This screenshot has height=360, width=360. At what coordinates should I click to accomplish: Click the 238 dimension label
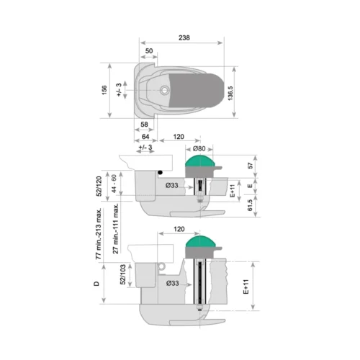click(x=184, y=37)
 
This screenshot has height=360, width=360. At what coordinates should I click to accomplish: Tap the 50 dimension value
click(x=149, y=51)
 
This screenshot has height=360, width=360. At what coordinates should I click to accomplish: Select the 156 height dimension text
click(x=104, y=90)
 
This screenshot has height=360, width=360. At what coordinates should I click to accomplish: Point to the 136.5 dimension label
click(x=230, y=93)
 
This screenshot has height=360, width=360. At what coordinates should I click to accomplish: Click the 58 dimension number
click(x=144, y=125)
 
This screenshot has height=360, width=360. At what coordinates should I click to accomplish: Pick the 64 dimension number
click(x=145, y=137)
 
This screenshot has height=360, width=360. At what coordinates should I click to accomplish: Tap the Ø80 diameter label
click(x=199, y=148)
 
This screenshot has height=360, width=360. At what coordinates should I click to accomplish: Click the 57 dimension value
click(x=251, y=166)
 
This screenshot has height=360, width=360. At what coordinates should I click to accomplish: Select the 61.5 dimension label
click(x=250, y=205)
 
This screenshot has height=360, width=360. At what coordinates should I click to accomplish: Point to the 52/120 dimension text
click(x=99, y=186)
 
